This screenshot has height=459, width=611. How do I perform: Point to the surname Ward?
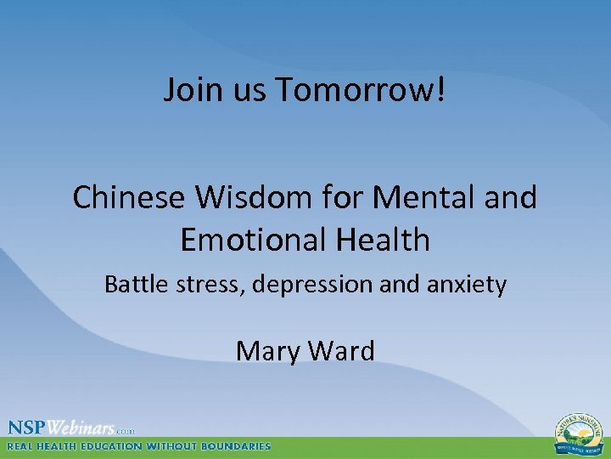coord(339,350)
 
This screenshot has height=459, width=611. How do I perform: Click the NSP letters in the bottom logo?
coord(28,428)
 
